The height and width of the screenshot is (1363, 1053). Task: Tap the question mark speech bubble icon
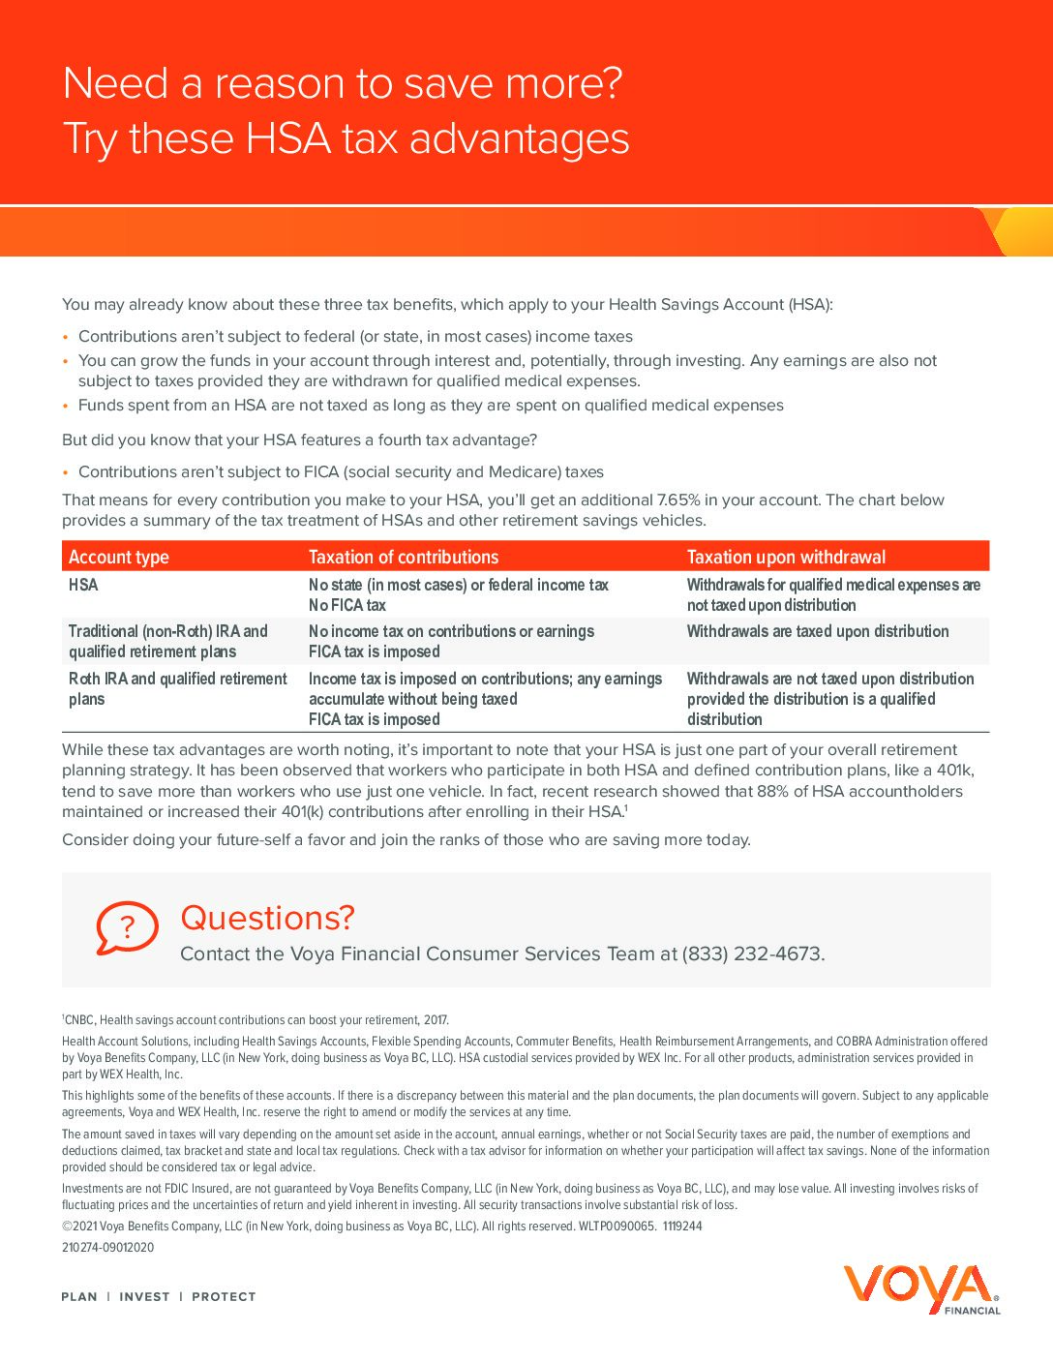point(127,928)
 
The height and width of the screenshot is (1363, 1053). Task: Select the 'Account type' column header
point(118,557)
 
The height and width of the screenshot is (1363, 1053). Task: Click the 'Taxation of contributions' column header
point(404,557)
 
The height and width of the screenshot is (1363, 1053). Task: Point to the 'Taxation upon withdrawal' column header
point(786,557)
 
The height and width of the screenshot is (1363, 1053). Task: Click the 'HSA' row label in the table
point(83,585)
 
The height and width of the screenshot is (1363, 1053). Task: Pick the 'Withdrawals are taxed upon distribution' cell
point(818,631)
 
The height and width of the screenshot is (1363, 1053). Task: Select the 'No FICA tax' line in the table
point(347,605)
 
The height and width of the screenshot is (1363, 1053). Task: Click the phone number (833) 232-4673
point(753,954)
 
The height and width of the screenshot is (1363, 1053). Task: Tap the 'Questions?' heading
point(267,918)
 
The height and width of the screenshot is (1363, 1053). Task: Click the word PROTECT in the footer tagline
point(224,1296)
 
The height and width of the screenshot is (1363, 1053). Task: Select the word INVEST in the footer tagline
point(144,1296)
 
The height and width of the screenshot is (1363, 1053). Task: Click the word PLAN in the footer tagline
point(79,1296)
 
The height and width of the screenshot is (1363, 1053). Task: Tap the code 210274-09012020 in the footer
point(107,1247)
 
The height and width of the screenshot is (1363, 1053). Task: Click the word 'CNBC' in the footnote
point(79,1019)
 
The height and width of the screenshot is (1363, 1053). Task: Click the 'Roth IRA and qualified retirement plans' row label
point(177,688)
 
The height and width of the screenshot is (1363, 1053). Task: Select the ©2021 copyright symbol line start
point(68,1226)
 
